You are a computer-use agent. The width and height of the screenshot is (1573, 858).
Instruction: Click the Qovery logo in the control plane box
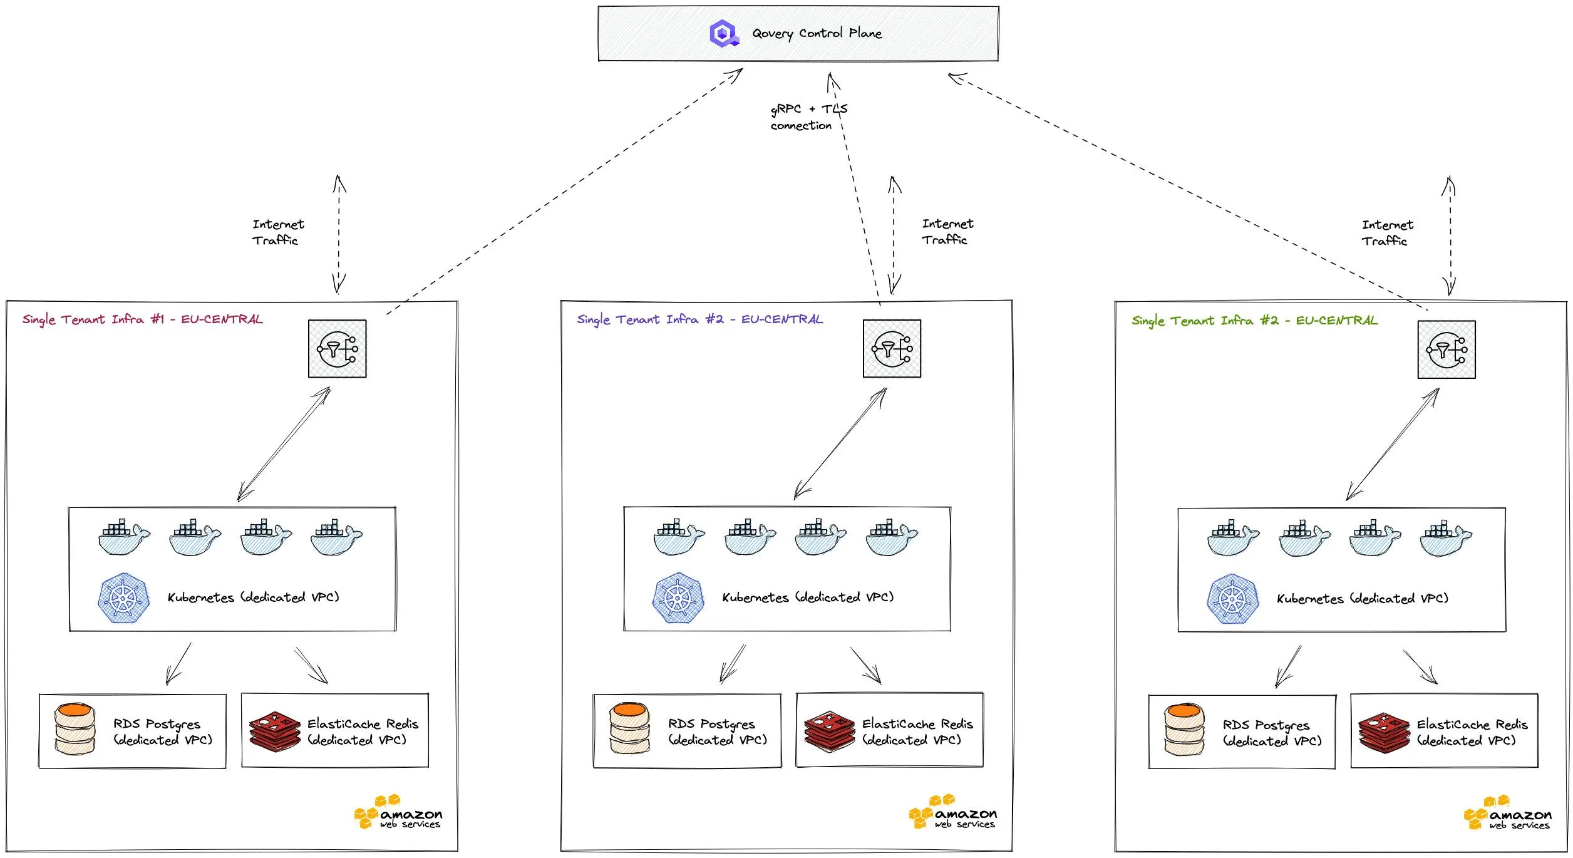click(x=723, y=33)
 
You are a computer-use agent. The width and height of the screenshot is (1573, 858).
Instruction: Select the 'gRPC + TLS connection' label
click(x=808, y=117)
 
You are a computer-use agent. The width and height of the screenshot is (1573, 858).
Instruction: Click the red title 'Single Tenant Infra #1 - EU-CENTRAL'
click(x=143, y=319)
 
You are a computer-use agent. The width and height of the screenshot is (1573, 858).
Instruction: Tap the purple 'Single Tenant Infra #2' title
click(x=699, y=319)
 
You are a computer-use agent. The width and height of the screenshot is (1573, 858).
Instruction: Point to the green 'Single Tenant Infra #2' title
click(x=1254, y=321)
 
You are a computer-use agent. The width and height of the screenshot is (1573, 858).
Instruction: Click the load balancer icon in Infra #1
click(x=337, y=349)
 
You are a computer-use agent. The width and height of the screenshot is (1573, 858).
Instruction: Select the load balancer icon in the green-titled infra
click(x=1446, y=349)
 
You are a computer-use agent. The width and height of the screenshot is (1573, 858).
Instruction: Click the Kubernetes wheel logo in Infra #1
click(x=124, y=598)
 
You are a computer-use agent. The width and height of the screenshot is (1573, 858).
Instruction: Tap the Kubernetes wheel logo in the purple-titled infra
click(x=678, y=598)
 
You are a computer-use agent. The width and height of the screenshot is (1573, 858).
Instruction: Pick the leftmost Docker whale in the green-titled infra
click(x=1232, y=537)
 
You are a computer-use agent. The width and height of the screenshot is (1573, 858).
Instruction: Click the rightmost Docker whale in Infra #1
click(x=336, y=537)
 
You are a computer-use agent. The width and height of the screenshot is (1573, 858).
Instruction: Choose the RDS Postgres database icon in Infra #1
click(x=75, y=729)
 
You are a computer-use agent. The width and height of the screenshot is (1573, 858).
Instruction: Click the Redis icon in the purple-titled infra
click(x=829, y=731)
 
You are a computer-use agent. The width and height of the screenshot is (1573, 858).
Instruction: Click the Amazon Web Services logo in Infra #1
click(x=398, y=813)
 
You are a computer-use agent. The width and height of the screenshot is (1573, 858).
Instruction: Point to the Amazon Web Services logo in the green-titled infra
click(x=1507, y=814)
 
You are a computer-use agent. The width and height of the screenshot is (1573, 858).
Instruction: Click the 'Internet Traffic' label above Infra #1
click(x=277, y=232)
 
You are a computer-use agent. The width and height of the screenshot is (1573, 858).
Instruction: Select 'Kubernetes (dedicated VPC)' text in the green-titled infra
click(x=1362, y=599)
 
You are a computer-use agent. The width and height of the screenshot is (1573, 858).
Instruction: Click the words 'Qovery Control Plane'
click(x=817, y=33)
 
